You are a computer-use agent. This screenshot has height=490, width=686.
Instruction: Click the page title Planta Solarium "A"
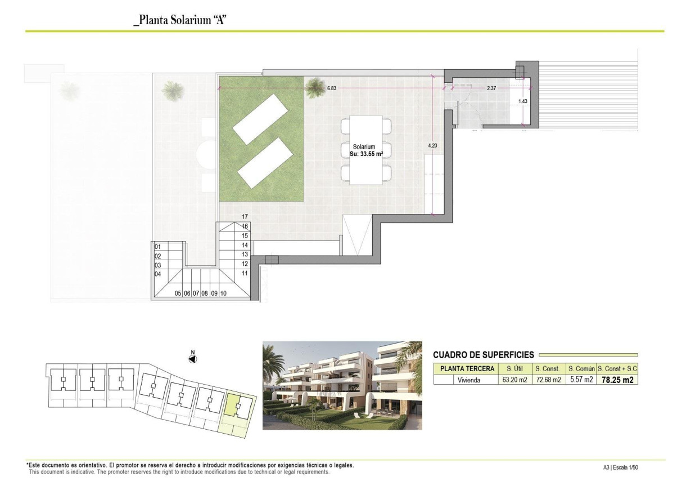[x=179, y=20]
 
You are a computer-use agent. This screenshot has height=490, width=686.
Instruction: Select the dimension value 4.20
[x=432, y=145]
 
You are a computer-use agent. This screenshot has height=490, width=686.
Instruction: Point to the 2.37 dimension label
[x=491, y=88]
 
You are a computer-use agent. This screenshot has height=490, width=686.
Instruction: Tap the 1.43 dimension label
[x=523, y=101]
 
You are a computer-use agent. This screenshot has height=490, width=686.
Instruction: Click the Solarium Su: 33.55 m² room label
[x=364, y=150]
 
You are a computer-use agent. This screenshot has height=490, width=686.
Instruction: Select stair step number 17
[x=245, y=217]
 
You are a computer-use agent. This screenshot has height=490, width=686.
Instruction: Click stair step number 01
[x=158, y=247]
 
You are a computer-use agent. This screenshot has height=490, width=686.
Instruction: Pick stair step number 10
[x=223, y=293]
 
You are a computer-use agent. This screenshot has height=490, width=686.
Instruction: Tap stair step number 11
[x=245, y=273]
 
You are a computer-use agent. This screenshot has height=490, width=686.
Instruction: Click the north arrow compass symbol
[x=193, y=358]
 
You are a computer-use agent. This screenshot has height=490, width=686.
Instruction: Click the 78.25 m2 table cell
[x=617, y=380]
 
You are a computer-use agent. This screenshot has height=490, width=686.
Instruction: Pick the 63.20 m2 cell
[x=514, y=380]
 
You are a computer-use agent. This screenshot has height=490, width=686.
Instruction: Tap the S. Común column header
[x=581, y=368]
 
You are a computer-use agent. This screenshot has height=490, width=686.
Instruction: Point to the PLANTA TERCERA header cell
[x=467, y=368]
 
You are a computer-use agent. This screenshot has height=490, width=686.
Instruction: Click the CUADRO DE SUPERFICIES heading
[x=483, y=355]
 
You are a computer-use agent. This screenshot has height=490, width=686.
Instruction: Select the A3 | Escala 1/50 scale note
[x=620, y=467]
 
